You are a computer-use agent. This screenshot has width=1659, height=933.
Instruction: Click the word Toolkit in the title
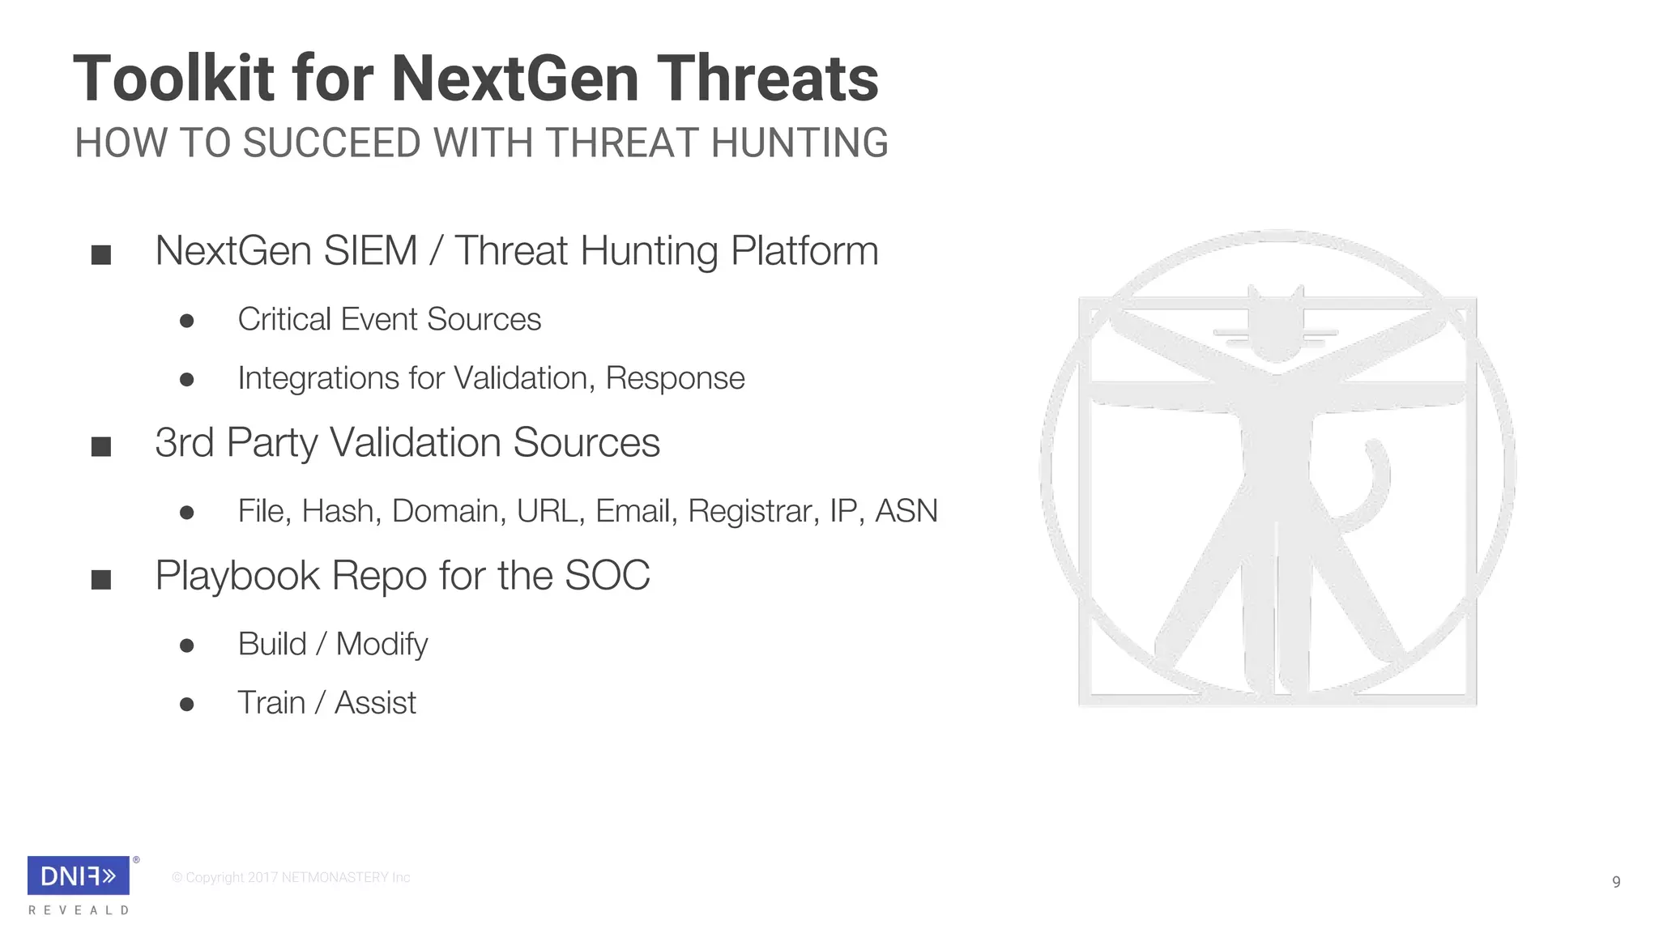click(x=173, y=79)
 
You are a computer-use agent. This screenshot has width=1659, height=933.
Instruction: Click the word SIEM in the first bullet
click(x=370, y=250)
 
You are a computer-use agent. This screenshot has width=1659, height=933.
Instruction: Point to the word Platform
click(x=804, y=250)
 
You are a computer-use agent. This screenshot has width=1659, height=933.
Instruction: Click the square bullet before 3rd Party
click(x=101, y=446)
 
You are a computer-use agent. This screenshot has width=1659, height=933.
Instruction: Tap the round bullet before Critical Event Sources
click(x=187, y=322)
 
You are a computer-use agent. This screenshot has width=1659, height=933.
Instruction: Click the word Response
click(x=675, y=378)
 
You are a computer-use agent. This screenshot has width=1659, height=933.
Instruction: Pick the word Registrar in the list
click(x=753, y=511)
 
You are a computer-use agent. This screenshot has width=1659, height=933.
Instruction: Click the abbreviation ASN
click(x=906, y=511)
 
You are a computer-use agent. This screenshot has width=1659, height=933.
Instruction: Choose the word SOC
click(x=607, y=576)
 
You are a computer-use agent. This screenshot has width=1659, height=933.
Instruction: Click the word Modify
click(x=382, y=645)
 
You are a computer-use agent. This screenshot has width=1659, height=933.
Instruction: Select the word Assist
click(x=375, y=703)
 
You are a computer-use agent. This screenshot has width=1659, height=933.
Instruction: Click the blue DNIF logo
click(x=79, y=875)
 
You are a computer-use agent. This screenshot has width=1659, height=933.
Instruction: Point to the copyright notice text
click(x=291, y=878)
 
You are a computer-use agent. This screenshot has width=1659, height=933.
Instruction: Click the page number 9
click(x=1616, y=882)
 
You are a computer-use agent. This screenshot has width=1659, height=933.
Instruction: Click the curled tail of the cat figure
click(x=1373, y=486)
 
